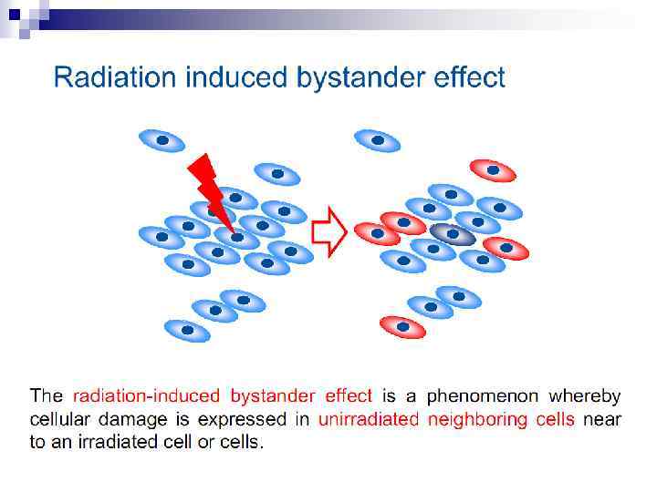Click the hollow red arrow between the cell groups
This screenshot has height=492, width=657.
click(x=328, y=232)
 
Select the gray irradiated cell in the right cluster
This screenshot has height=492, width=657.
click(x=453, y=234)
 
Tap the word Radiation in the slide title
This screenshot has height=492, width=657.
click(x=116, y=77)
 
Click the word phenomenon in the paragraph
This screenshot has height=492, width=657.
click(x=483, y=396)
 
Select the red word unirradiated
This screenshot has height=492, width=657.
click(x=367, y=420)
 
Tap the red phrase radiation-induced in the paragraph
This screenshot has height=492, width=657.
click(x=146, y=396)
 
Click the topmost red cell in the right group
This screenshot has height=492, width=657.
click(x=493, y=169)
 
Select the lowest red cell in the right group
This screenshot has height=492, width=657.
click(x=402, y=325)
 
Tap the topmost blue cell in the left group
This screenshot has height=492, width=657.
click(x=162, y=140)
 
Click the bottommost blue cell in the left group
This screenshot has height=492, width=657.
click(x=187, y=330)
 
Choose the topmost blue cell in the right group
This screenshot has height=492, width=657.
click(x=376, y=140)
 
